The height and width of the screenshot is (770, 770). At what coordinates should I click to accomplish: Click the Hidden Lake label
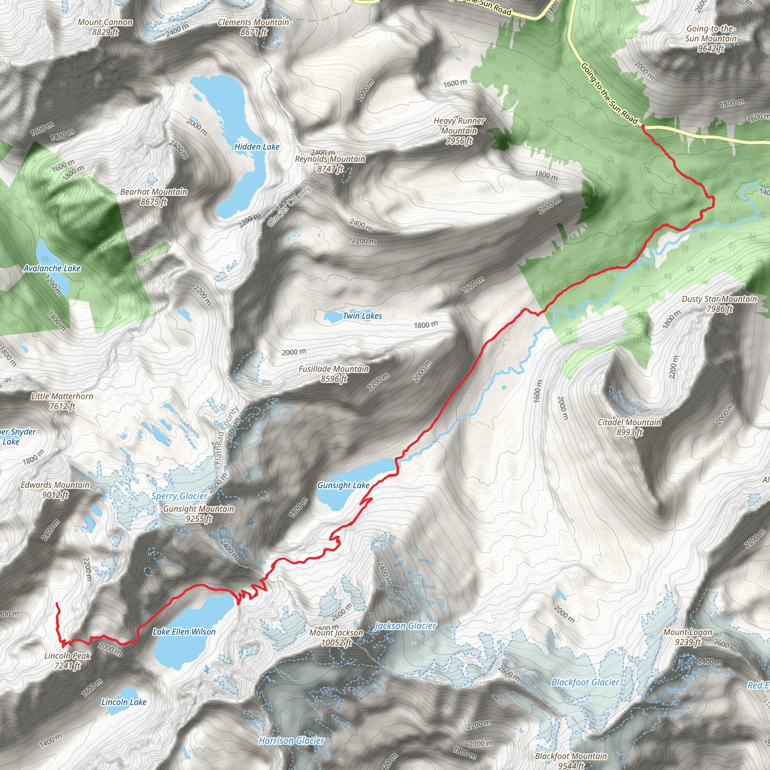point(257,147)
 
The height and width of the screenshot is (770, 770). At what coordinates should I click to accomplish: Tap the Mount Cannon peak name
point(105,27)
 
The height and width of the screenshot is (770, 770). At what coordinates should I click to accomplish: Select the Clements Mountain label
point(253,27)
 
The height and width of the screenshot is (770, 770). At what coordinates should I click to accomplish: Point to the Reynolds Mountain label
point(330,164)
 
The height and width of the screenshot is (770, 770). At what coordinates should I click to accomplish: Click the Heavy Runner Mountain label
point(459,130)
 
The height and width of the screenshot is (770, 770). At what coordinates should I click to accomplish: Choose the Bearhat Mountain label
point(154,197)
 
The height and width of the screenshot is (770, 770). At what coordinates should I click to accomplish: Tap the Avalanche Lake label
point(52,268)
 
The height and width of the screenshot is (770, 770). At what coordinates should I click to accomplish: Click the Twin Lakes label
point(362,316)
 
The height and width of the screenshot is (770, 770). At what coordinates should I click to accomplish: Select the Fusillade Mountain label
point(334,374)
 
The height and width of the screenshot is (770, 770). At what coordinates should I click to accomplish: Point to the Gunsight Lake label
point(343,485)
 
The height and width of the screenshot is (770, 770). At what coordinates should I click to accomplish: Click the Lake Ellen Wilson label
point(184,632)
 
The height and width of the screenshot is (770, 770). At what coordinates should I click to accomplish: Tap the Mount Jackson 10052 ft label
point(336,637)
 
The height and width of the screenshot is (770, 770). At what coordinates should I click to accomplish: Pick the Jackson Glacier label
point(406,626)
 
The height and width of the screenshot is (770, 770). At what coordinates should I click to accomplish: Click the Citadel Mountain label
point(629,427)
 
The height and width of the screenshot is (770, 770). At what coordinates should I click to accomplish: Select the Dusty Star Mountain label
point(719,304)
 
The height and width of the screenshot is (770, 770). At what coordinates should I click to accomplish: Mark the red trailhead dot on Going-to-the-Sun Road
point(643,126)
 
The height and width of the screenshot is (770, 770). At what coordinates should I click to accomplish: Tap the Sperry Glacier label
point(179,496)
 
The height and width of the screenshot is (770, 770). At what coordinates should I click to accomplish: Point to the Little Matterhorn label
point(62,401)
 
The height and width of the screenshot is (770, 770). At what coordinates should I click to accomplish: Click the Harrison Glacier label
point(291,741)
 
